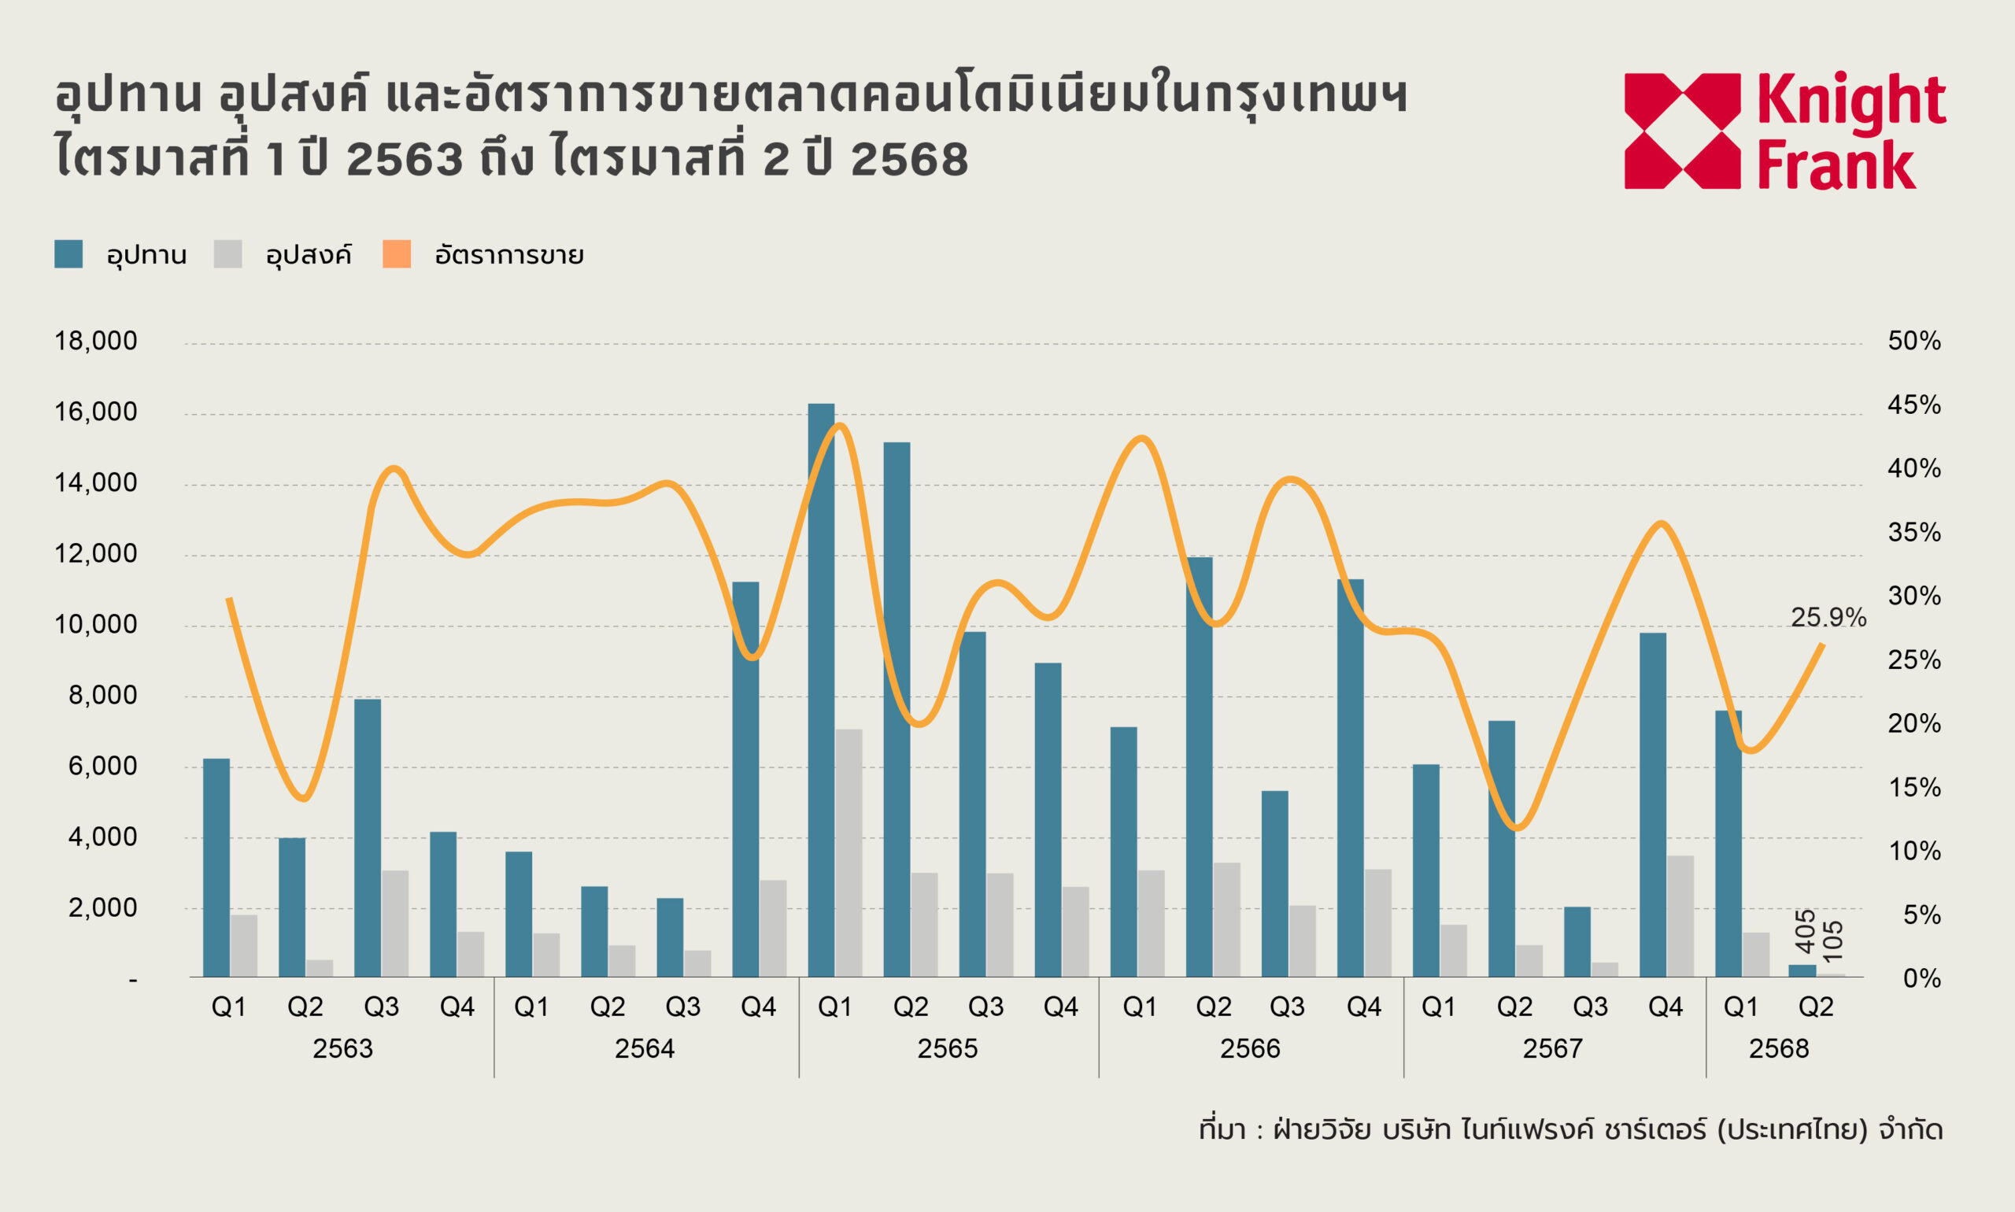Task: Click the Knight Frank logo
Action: [x=1784, y=131]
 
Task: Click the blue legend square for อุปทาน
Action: [x=68, y=254]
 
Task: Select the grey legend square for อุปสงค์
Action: [x=228, y=254]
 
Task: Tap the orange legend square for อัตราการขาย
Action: [x=397, y=254]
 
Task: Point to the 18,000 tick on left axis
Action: [x=95, y=342]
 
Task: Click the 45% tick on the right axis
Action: [x=1913, y=405]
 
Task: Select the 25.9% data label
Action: [x=1828, y=618]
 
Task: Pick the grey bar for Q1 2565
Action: [x=849, y=852]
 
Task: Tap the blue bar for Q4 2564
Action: [x=745, y=779]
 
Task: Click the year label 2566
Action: [x=1250, y=1048]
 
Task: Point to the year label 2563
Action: [x=342, y=1048]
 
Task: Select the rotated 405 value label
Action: [x=1806, y=931]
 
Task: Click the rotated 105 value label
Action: [x=1833, y=940]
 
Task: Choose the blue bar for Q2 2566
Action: [x=1199, y=767]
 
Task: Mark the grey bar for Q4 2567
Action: [x=1680, y=916]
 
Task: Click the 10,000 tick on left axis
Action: [x=95, y=625]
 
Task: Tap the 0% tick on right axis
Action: [x=1921, y=978]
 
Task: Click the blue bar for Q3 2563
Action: [x=368, y=838]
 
